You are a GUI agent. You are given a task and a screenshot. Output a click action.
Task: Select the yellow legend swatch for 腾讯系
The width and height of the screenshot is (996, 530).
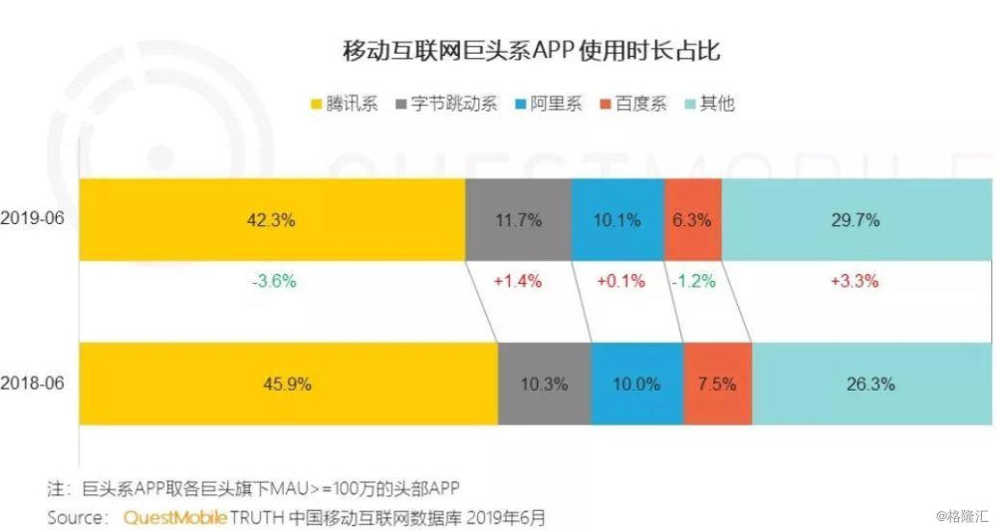pyautogui.click(x=316, y=104)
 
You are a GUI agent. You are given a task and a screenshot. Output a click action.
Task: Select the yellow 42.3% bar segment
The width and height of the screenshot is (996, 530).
pyautogui.click(x=271, y=220)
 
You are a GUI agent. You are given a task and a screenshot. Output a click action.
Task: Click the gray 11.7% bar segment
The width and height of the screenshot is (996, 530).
pyautogui.click(x=518, y=220)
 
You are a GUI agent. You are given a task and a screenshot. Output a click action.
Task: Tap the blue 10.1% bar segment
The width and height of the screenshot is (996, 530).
pyautogui.click(x=618, y=220)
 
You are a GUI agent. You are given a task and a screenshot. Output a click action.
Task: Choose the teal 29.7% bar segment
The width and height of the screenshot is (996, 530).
pyautogui.click(x=856, y=220)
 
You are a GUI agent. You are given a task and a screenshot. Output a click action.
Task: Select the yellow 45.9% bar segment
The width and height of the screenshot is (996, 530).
pyautogui.click(x=288, y=384)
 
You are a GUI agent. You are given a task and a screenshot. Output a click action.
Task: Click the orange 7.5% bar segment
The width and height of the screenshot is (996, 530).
pyautogui.click(x=717, y=384)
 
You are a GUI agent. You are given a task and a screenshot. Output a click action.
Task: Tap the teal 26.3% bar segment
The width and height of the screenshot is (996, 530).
pyautogui.click(x=871, y=384)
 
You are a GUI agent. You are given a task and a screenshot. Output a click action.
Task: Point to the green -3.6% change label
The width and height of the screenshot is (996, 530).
pyautogui.click(x=271, y=281)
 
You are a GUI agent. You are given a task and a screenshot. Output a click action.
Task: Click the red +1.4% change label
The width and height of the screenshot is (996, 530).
pyautogui.click(x=518, y=281)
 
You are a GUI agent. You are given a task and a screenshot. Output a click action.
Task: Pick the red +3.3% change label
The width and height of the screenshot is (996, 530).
pyautogui.click(x=856, y=281)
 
